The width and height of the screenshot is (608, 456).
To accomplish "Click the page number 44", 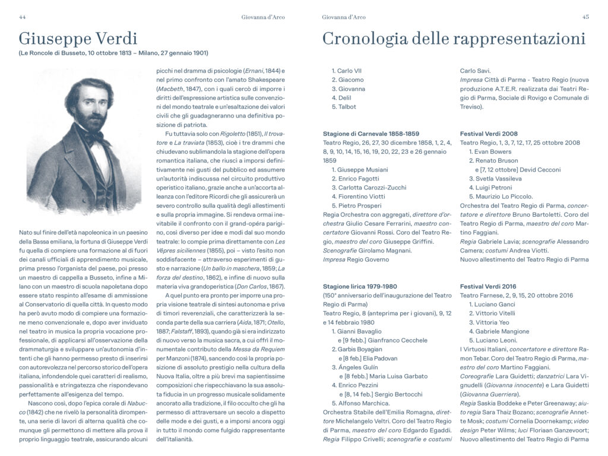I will point(23,17).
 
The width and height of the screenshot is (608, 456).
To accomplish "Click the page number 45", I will point(585,17).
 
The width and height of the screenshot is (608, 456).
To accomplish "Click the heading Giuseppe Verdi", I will point(78,39).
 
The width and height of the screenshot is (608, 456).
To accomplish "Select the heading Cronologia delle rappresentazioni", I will point(454,39).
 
